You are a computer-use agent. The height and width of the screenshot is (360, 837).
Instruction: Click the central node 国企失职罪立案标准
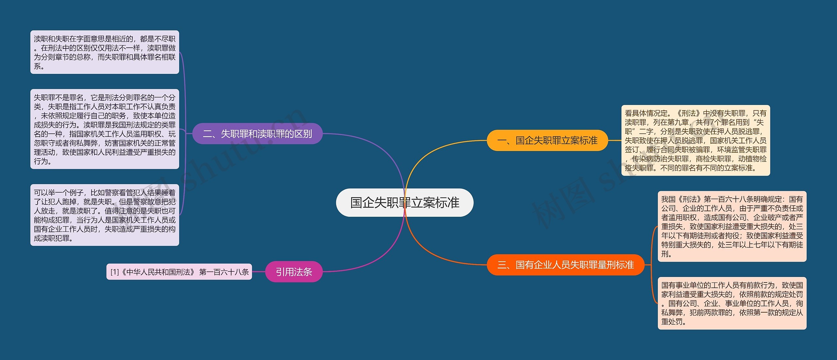coord(404,203)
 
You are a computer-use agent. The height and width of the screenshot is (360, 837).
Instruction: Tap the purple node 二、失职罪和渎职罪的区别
coord(257,134)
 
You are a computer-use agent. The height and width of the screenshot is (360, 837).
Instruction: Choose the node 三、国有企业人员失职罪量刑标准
coord(565,265)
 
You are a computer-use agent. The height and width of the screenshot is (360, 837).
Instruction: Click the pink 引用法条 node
coord(294,272)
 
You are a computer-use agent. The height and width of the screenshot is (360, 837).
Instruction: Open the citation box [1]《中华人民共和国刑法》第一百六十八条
coord(179,272)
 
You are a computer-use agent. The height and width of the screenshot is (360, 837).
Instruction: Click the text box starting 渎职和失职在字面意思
coord(105,52)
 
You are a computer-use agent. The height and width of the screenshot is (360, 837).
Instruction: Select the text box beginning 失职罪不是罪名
coord(105,129)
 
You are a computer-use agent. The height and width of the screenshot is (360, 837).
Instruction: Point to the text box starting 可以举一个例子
coord(105,215)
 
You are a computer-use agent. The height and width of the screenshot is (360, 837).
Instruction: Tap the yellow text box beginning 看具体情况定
coord(695,141)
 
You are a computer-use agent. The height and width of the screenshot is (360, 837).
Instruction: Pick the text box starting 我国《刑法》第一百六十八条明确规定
coord(732,226)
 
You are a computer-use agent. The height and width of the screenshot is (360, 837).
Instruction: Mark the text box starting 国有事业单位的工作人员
coord(732,303)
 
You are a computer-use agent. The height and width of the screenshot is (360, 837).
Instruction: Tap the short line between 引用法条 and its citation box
coord(259,272)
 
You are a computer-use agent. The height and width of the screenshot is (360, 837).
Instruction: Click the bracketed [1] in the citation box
coord(114,272)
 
